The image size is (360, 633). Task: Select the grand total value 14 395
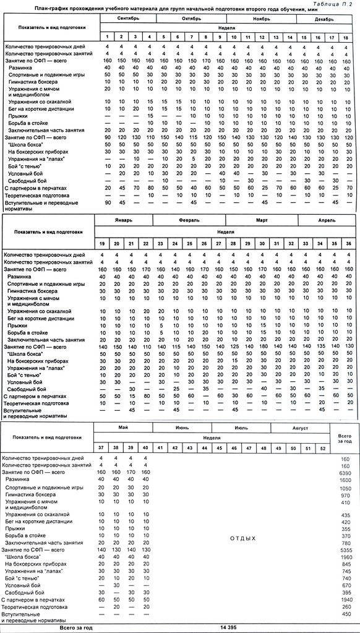[228, 627]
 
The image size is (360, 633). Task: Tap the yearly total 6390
[345, 473]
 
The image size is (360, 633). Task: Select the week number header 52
[321, 447]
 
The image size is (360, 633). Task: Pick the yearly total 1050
[345, 488]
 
